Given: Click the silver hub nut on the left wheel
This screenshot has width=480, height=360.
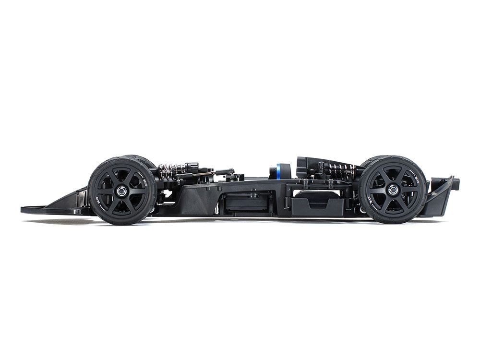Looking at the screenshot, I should tap(122, 191).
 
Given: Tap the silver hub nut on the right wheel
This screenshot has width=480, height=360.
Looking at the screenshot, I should tap(393, 190).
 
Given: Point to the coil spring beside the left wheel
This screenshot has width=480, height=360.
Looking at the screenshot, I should tap(173, 168).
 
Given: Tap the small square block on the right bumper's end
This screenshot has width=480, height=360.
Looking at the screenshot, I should tap(456, 182).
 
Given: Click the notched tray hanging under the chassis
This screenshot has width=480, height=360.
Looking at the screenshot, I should tap(317, 204).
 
